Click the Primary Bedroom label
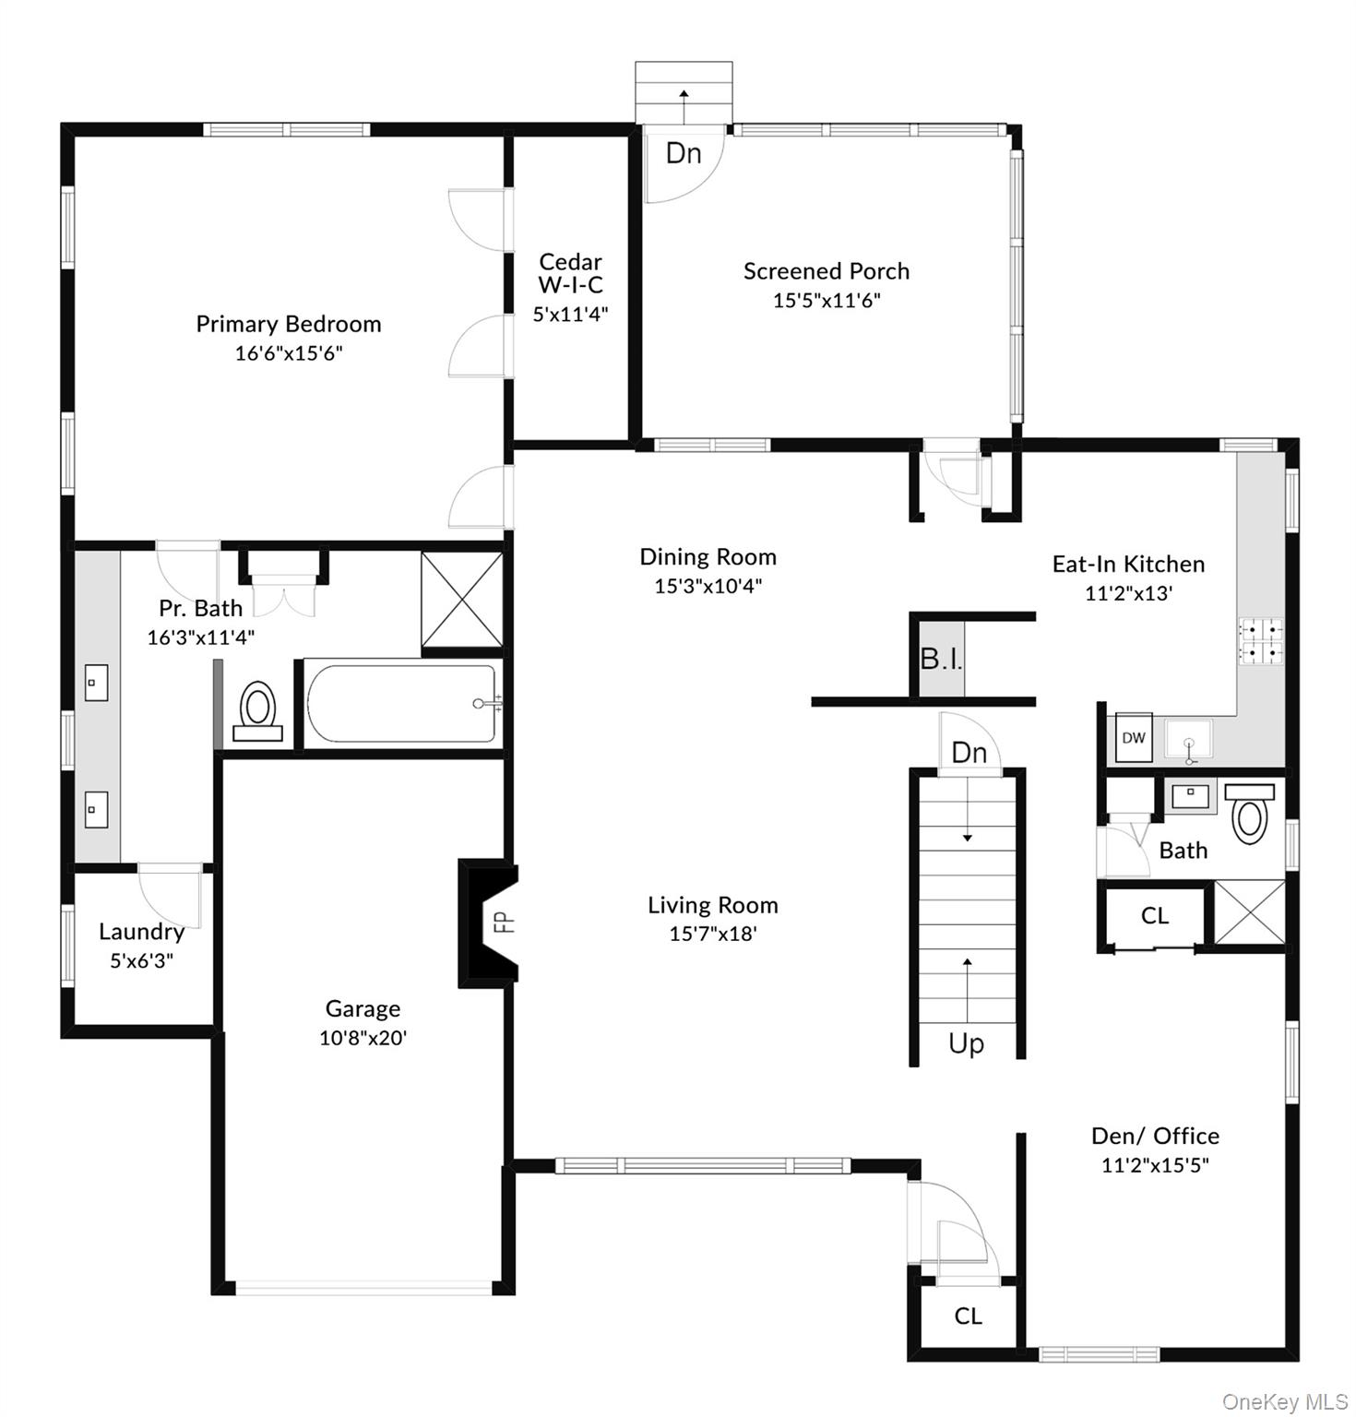(288, 324)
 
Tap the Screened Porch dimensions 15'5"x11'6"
(827, 300)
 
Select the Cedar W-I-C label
(570, 273)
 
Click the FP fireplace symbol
(503, 922)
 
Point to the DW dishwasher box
(1134, 737)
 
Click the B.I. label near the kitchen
(941, 659)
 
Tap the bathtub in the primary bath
(401, 704)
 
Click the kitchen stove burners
(1260, 640)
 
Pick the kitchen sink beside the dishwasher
(1188, 740)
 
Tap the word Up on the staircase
(966, 1043)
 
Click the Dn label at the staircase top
(969, 753)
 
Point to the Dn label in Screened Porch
(683, 153)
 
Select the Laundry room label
(141, 932)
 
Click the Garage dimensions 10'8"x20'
(363, 1038)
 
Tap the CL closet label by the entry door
(968, 1316)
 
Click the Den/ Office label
(1155, 1136)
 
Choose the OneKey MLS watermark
(1284, 1401)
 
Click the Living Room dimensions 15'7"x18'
(712, 934)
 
